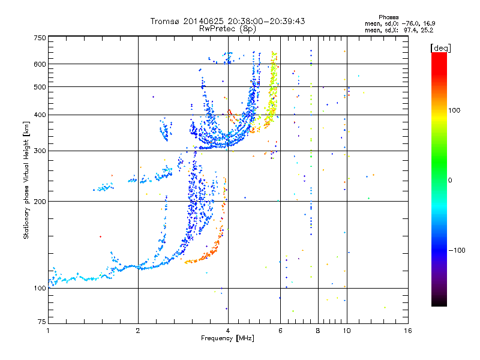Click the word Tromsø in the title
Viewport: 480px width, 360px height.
point(166,21)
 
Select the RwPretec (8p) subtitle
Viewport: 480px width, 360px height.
point(227,29)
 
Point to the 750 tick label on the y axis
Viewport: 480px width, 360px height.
point(40,38)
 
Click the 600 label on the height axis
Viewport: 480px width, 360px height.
point(40,64)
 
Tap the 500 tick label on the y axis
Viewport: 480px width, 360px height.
point(40,87)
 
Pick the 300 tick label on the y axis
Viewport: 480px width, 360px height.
point(40,151)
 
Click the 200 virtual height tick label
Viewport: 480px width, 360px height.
point(40,202)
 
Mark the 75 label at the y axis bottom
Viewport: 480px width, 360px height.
point(42,322)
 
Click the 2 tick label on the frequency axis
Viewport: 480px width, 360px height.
point(138,331)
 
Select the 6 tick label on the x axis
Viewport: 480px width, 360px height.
point(280,331)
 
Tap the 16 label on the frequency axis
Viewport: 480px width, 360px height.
point(408,331)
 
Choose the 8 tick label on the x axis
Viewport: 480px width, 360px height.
point(318,331)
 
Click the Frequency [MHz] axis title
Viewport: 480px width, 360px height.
point(227,338)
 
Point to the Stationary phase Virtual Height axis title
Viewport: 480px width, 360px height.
point(26,181)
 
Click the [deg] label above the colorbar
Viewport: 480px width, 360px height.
point(440,48)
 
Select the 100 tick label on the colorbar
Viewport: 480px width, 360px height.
point(454,110)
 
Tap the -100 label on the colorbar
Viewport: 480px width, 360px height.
point(457,250)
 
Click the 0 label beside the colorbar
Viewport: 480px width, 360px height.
point(450,181)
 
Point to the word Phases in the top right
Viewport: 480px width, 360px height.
point(388,17)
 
